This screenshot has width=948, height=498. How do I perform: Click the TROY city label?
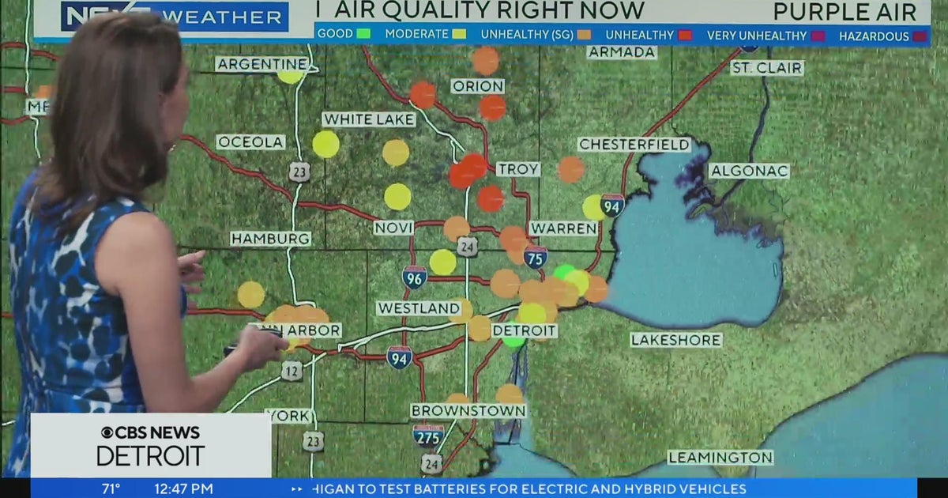click(x=518, y=169)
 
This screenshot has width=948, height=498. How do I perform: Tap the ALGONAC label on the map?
click(x=749, y=171)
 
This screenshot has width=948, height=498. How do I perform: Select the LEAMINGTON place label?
click(x=720, y=458)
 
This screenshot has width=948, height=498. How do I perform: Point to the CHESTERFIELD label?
click(x=634, y=145)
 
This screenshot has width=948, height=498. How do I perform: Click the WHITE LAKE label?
click(x=369, y=119)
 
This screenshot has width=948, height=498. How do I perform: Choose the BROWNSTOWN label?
click(x=468, y=411)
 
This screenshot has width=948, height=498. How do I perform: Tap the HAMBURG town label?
click(x=271, y=239)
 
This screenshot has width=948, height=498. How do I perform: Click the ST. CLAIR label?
click(x=766, y=68)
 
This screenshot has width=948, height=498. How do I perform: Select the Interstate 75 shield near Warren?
click(x=536, y=257)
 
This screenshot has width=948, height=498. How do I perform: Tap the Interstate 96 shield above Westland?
click(x=414, y=277)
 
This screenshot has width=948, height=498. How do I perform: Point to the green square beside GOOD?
click(x=363, y=35)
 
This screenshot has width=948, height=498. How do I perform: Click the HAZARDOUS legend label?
click(x=873, y=36)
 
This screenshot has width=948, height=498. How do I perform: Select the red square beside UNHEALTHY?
click(x=684, y=35)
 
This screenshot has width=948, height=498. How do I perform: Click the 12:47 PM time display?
click(x=182, y=489)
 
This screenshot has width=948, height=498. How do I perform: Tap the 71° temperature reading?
click(x=111, y=489)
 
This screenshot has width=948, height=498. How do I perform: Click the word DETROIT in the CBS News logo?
click(x=151, y=456)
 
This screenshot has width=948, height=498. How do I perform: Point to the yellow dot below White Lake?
click(x=325, y=145)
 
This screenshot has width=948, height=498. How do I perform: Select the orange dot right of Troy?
click(x=570, y=169)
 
